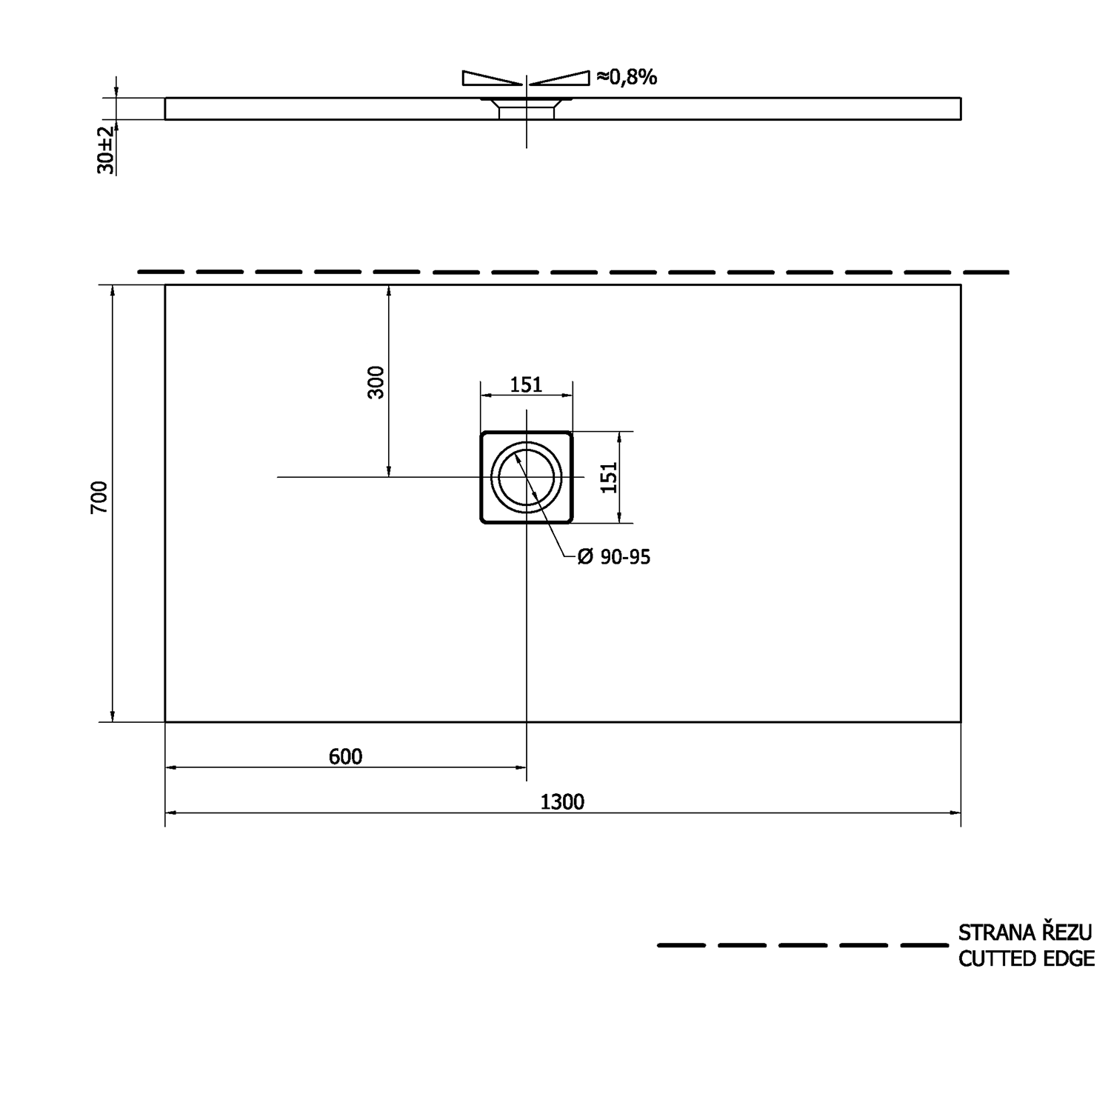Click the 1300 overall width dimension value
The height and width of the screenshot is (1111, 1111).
click(562, 801)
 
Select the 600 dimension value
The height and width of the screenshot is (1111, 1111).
click(345, 756)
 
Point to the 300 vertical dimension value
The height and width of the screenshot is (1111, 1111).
click(377, 382)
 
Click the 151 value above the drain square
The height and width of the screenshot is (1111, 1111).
click(526, 384)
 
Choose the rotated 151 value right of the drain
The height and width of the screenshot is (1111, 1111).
click(608, 478)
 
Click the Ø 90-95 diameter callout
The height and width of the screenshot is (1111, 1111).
click(613, 557)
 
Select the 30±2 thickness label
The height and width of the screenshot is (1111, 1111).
click(106, 150)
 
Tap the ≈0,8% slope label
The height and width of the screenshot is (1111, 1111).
click(627, 77)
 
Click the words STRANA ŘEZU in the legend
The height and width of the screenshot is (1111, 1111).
click(1025, 932)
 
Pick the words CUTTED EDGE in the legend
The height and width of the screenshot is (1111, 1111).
click(1026, 958)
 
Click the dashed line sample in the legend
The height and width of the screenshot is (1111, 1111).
click(801, 945)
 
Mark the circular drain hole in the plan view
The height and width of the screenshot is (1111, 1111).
click(526, 477)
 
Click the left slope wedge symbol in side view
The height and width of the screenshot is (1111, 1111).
click(491, 78)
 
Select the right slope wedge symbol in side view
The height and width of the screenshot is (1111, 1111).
click(561, 78)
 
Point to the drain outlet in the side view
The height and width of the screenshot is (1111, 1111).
click(526, 110)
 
